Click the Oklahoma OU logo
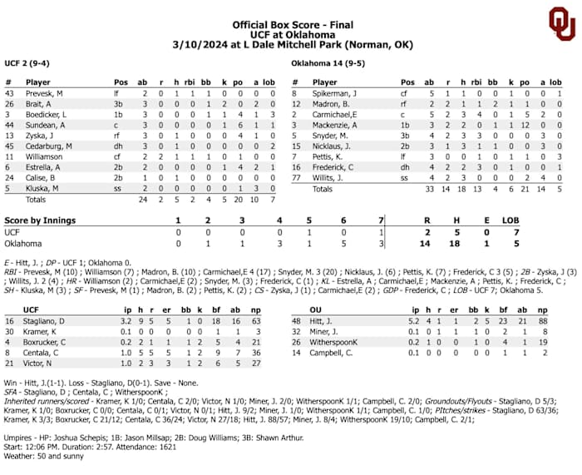(x=561, y=25)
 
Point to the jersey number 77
(x=295, y=177)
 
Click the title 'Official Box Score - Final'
(x=290, y=26)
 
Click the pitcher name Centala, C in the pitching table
(x=42, y=351)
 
